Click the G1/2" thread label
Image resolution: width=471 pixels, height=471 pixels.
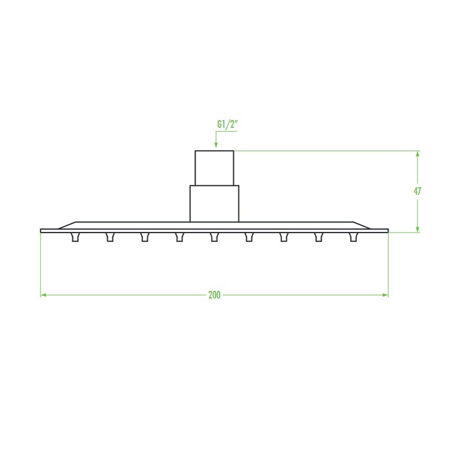[x=227, y=125]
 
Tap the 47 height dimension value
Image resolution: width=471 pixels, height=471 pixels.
[x=417, y=191]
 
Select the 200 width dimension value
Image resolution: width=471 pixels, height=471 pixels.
[x=214, y=295]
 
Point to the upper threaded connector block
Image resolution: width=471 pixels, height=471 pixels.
[x=214, y=168]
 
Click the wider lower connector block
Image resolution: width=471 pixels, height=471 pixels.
[x=214, y=204]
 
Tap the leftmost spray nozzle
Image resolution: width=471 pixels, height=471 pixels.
[x=75, y=237]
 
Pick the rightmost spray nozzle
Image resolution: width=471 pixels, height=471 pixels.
[x=354, y=237]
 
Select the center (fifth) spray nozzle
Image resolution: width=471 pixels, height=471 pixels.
[x=214, y=237]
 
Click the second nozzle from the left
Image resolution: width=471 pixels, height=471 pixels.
[x=110, y=237]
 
